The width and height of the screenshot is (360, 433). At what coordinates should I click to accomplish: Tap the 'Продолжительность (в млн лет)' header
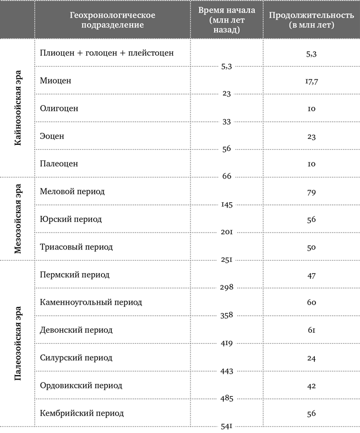click(311, 20)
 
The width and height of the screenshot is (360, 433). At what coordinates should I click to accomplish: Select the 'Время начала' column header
click(226, 20)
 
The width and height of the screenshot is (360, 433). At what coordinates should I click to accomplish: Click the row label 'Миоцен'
click(56, 80)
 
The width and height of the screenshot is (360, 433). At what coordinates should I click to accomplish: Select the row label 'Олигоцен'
click(59, 109)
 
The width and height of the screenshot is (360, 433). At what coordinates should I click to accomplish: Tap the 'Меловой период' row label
click(72, 192)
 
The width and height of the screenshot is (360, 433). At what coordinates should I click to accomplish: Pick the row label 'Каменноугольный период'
click(91, 302)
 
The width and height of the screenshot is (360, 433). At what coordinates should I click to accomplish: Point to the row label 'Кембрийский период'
click(81, 413)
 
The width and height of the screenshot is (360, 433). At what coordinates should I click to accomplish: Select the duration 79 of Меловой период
click(311, 192)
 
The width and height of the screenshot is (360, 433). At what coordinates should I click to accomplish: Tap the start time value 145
click(226, 205)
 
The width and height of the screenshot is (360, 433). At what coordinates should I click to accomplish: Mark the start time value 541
click(226, 426)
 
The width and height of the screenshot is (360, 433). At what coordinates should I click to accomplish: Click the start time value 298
click(226, 288)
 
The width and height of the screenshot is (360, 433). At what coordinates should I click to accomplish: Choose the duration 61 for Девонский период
click(311, 331)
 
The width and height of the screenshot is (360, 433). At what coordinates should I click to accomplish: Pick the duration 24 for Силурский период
click(311, 358)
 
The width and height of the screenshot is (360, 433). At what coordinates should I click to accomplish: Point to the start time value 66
click(226, 177)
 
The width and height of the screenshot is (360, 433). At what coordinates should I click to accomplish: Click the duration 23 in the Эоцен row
click(311, 137)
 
